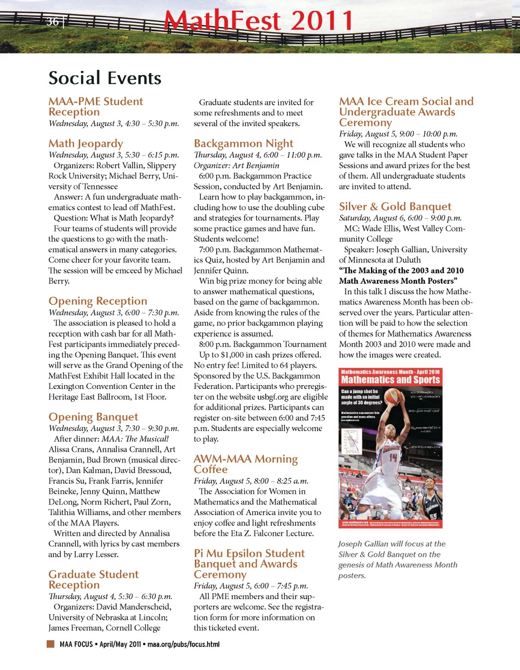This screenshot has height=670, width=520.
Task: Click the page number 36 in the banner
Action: click(52, 22)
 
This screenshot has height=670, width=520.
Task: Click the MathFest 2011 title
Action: click(259, 22)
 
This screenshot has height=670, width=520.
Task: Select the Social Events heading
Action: click(105, 78)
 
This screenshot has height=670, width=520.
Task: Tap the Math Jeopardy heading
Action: click(86, 144)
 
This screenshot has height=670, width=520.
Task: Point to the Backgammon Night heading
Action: click(243, 144)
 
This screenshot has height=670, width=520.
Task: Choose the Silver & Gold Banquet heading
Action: click(395, 206)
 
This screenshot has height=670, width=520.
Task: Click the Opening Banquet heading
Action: click(93, 417)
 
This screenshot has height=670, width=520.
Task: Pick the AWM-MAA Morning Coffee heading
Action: click(245, 464)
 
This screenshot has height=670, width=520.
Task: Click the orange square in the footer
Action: click(50, 644)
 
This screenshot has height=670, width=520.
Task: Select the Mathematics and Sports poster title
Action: click(391, 380)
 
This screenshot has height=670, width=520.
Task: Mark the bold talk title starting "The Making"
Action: click(401, 276)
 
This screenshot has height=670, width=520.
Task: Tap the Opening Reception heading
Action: click(97, 301)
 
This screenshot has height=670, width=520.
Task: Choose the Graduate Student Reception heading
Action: click(93, 580)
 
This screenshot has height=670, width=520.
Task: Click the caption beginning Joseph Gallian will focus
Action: click(398, 560)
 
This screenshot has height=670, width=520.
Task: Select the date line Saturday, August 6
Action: click(400, 218)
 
